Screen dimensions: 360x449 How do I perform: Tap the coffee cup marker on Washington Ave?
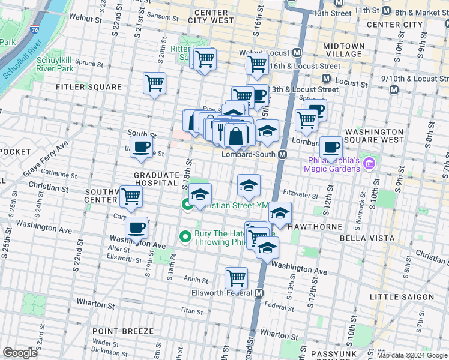pyautogui.click(x=137, y=229)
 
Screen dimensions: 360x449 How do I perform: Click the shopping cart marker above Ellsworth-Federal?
pyautogui.click(x=237, y=278)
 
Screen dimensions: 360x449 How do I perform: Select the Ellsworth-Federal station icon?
pyautogui.click(x=259, y=293)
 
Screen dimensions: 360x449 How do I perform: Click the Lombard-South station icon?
pyautogui.click(x=282, y=154)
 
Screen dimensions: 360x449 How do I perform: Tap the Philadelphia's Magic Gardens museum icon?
pyautogui.click(x=369, y=163)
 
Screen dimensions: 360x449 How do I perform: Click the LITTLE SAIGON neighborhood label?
pyautogui.click(x=402, y=297)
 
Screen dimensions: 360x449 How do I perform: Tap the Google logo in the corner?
pyautogui.click(x=20, y=353)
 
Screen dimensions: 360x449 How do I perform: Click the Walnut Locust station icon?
pyautogui.click(x=297, y=53)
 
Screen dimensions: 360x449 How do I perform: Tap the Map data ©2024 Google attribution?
pyautogui.click(x=411, y=355)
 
